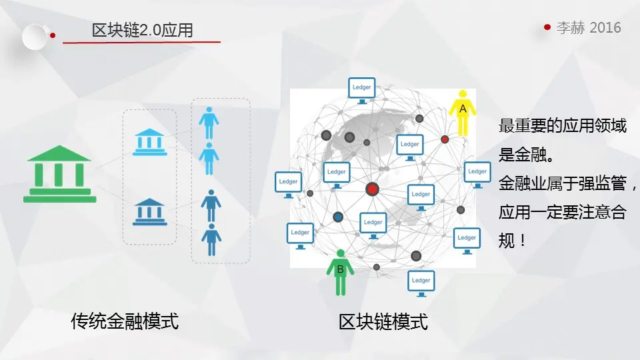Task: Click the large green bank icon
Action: [x=59, y=173]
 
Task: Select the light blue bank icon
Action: [x=150, y=141]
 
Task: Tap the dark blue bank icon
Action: [x=150, y=212]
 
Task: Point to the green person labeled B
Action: [x=340, y=272]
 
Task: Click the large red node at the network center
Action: [x=372, y=189]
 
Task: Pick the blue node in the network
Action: [x=338, y=217]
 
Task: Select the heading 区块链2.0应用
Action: [x=142, y=31]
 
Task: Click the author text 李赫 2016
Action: [x=589, y=27]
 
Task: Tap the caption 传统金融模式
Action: [x=125, y=322]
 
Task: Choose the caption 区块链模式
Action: [x=383, y=323]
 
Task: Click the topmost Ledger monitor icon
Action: [x=362, y=89]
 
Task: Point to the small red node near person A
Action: [x=445, y=139]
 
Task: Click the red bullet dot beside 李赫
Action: [x=547, y=27]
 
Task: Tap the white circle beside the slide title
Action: [x=35, y=36]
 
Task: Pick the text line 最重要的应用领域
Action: [x=562, y=126]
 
